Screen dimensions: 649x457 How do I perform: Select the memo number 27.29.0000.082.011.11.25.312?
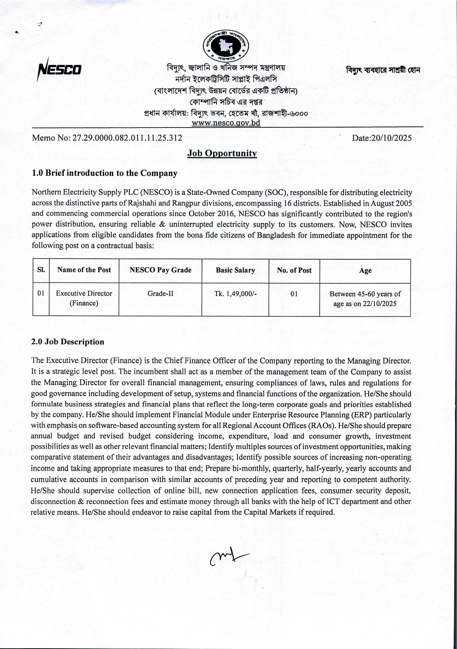click(x=127, y=138)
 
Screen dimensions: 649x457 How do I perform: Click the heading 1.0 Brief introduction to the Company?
click(x=105, y=173)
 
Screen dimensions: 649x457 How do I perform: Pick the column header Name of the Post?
click(x=84, y=270)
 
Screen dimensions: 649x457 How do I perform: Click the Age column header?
click(x=365, y=271)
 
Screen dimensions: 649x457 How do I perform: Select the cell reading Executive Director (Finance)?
click(x=84, y=298)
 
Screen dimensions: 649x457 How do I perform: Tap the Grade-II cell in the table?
click(x=161, y=293)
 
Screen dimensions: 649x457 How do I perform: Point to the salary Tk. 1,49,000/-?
click(x=235, y=294)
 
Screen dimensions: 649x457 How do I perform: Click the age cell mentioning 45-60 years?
click(x=365, y=299)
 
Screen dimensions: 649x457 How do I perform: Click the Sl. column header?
click(x=41, y=270)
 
